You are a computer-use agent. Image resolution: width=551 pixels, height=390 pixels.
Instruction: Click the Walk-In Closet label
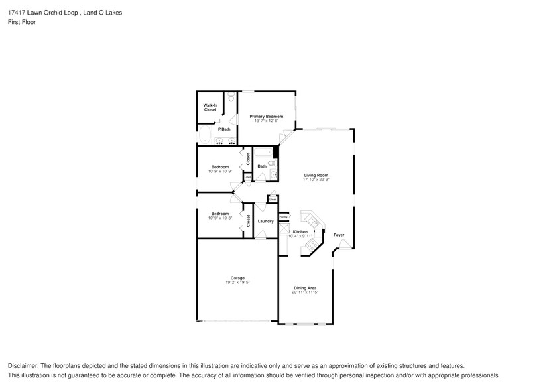[210, 107]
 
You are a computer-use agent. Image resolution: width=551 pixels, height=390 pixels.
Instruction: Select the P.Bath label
[224, 129]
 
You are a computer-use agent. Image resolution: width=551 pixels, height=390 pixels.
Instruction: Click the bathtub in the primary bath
[204, 138]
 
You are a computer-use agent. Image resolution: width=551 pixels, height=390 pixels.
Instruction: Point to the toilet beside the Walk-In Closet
[231, 98]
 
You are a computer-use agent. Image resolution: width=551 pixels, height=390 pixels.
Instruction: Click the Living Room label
[316, 175]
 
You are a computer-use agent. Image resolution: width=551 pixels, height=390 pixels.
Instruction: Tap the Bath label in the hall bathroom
[262, 166]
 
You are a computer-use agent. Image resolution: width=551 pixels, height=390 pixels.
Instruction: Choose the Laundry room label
[265, 221]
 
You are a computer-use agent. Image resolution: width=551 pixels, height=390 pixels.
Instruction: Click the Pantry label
[283, 216]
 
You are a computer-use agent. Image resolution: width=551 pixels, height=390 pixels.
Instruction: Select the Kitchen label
[300, 231]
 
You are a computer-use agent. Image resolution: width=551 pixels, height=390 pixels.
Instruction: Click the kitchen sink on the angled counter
[310, 219]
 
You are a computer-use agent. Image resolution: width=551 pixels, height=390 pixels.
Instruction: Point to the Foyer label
[339, 235]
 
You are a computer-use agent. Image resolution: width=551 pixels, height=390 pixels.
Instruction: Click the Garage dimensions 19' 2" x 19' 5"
[237, 282]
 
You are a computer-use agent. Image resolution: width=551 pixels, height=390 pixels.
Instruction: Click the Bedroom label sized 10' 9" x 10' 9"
[220, 166]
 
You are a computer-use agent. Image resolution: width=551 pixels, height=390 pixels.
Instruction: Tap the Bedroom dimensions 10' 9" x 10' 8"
[220, 218]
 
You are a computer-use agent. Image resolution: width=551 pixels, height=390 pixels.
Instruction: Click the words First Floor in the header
[23, 22]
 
